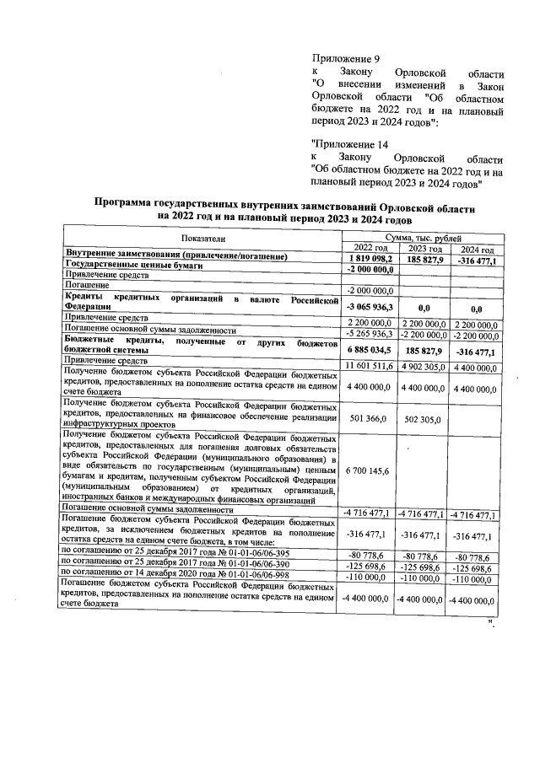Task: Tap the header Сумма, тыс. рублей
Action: [421, 239]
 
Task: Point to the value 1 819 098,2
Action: [370, 257]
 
